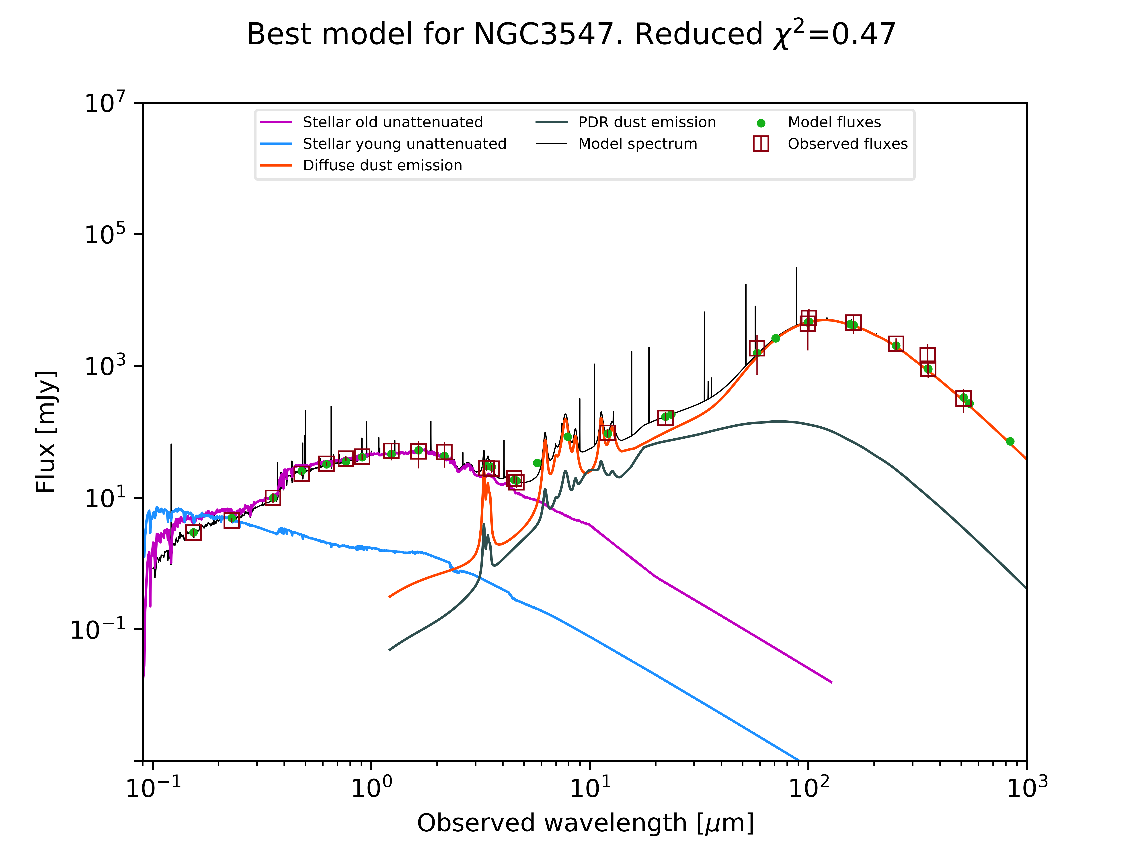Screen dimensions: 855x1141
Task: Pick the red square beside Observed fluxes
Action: pyautogui.click(x=761, y=144)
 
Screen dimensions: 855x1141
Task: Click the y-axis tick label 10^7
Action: pyautogui.click(x=105, y=103)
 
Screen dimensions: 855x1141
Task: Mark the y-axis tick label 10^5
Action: pyautogui.click(x=105, y=234)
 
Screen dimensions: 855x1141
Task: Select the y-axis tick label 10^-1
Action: pyautogui.click(x=98, y=629)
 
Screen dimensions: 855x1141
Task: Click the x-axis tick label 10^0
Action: pyautogui.click(x=371, y=787)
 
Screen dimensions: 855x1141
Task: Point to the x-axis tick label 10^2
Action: pyautogui.click(x=809, y=787)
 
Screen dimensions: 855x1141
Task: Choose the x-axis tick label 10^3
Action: pyautogui.click(x=1027, y=787)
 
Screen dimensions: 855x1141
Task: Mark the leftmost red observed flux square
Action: pyautogui.click(x=193, y=532)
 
